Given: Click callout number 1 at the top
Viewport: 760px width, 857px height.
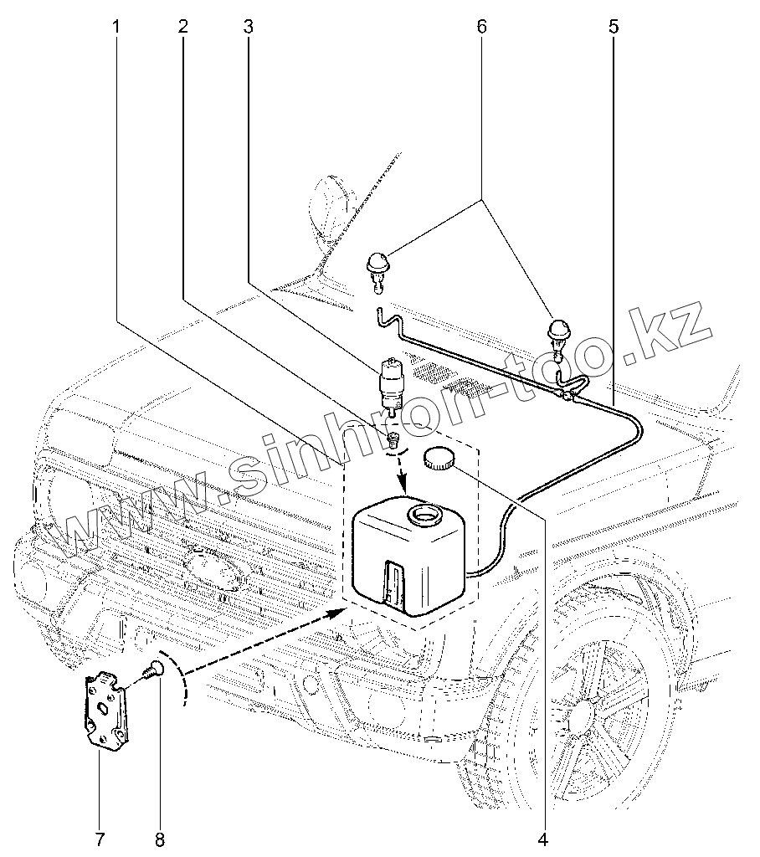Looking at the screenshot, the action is [116, 27].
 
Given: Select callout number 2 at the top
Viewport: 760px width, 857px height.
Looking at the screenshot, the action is [182, 27].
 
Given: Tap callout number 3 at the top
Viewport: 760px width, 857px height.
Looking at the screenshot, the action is [248, 27].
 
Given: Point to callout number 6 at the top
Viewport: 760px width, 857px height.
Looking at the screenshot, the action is [481, 27].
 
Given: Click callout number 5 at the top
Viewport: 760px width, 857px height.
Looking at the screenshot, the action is [614, 27].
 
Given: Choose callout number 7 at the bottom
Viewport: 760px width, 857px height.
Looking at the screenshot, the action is [99, 838].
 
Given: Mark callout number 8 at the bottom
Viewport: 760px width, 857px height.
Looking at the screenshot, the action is [159, 838].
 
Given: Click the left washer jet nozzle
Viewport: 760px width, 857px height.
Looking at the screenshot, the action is [376, 268].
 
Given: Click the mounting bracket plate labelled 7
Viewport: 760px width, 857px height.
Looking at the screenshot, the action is [106, 708].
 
